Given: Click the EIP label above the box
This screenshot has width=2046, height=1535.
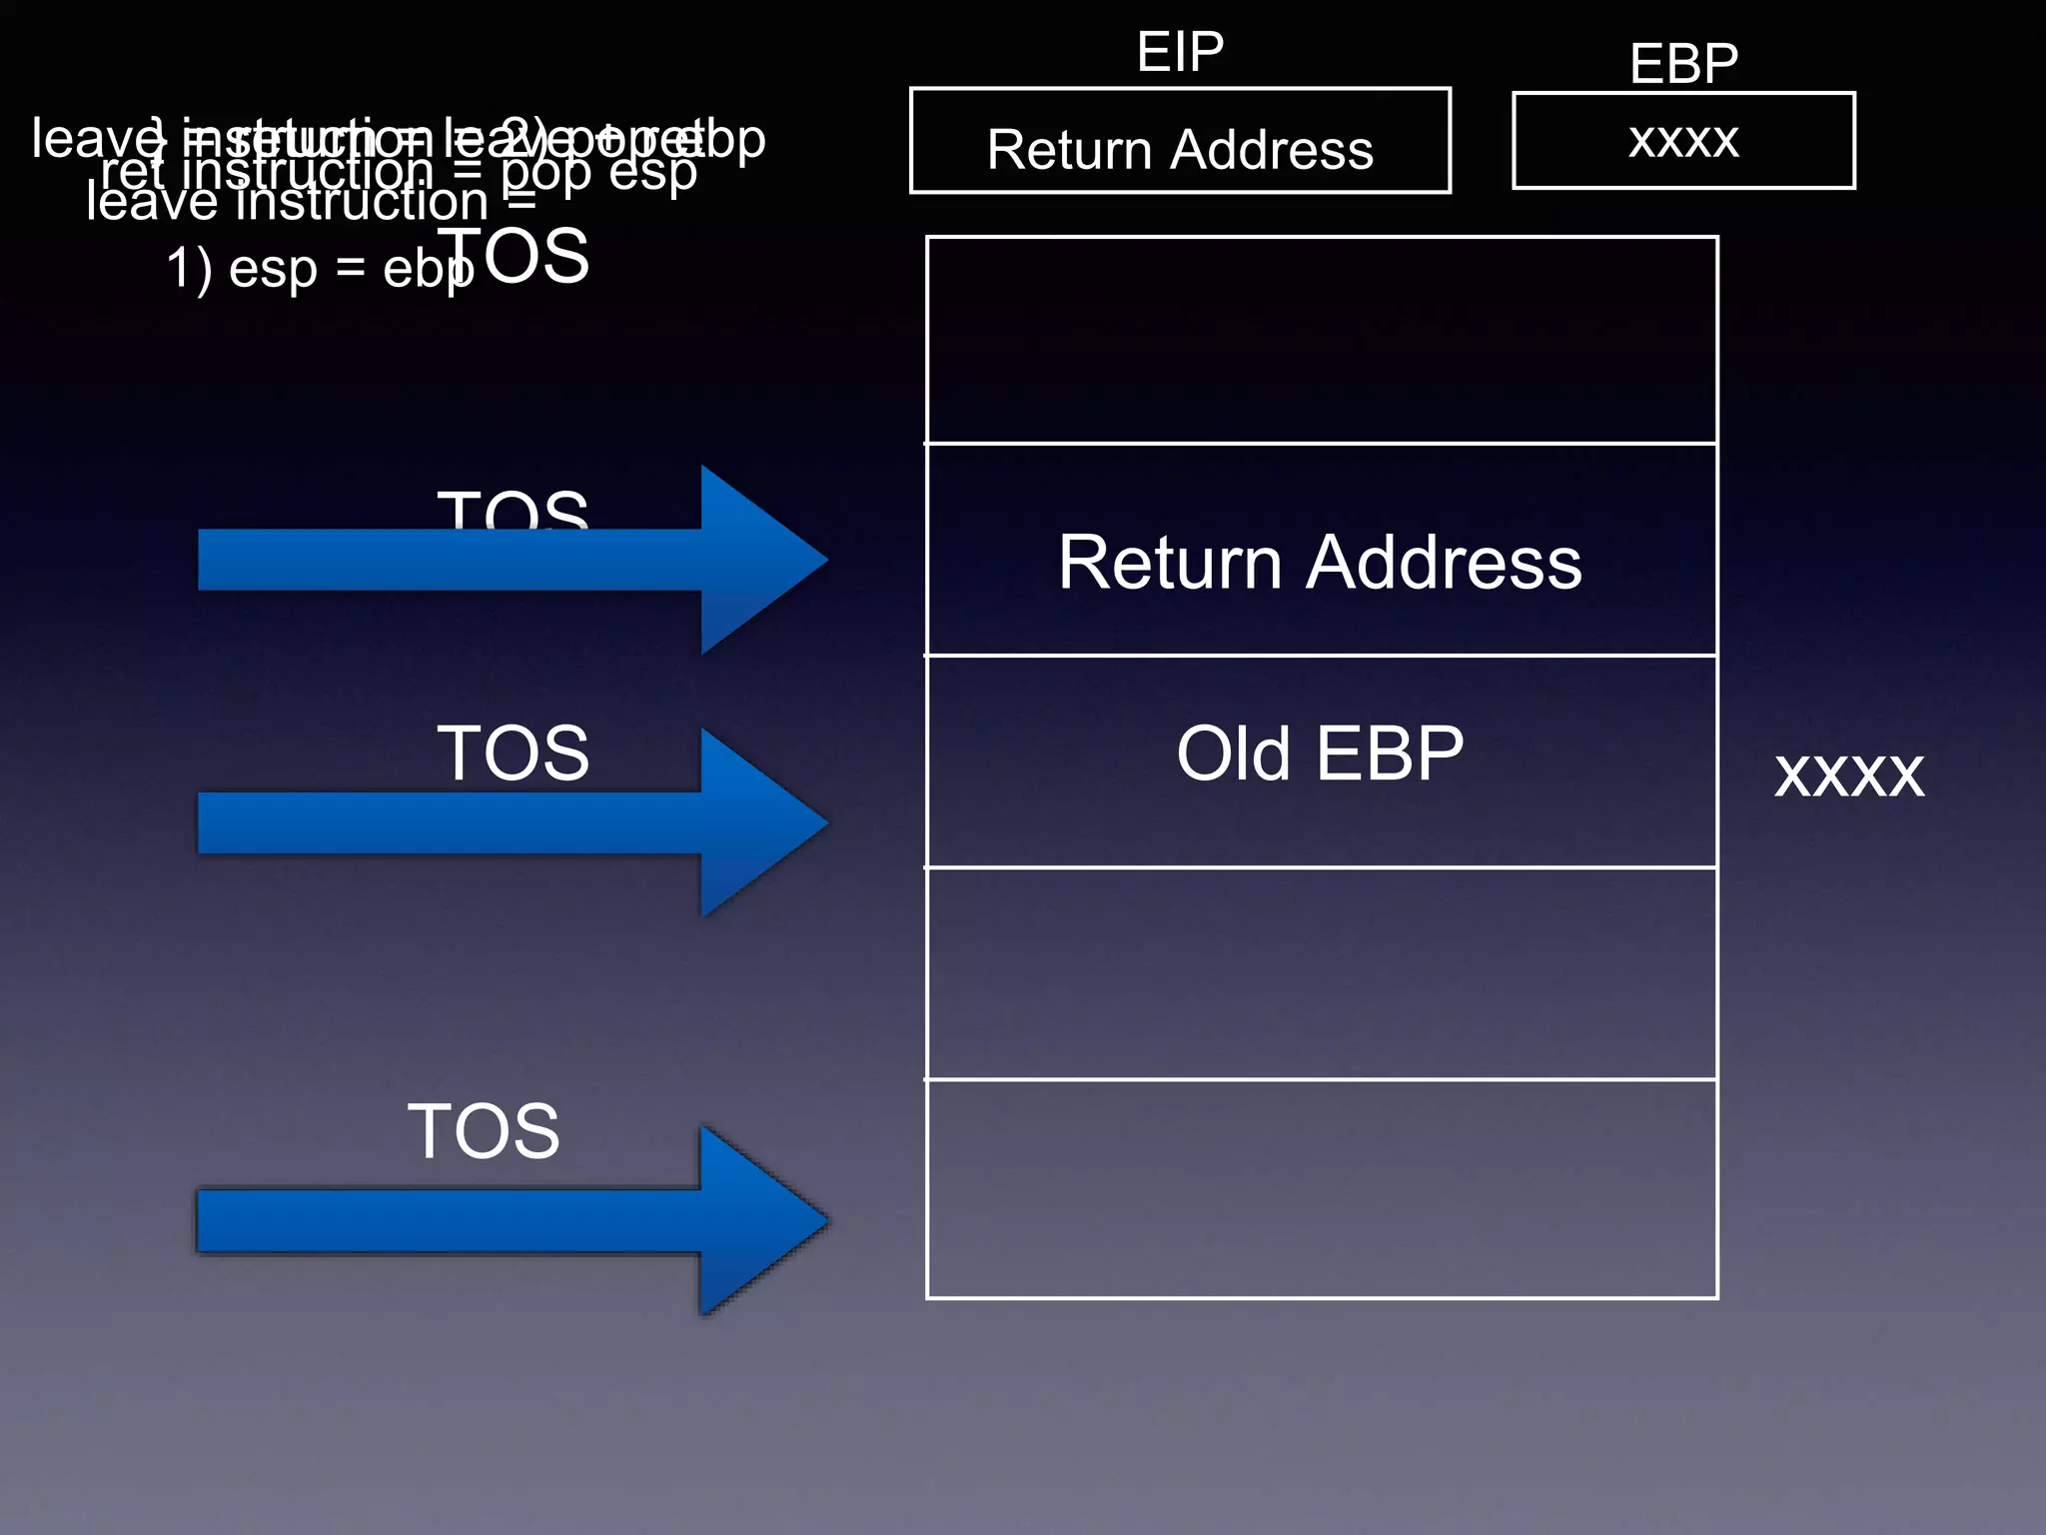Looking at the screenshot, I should pos(1180,52).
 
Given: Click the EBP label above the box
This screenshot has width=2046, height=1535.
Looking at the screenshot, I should pos(1683,64).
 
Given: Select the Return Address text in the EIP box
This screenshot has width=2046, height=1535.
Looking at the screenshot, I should pos(1180,150).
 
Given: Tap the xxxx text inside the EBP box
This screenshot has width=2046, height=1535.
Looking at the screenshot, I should pos(1683,139).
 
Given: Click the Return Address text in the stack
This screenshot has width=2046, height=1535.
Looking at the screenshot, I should pos(1320,562).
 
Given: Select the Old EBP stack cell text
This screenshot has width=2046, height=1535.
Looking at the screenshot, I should pos(1320,754).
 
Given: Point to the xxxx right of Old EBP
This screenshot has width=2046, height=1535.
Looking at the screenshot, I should pos(1848,774).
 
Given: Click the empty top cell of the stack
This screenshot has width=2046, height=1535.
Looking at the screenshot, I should pos(1321,340).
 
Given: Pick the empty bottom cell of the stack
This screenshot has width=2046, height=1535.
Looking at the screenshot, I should pos(1321,1189).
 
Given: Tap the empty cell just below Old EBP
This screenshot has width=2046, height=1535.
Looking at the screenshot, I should pos(1321,973).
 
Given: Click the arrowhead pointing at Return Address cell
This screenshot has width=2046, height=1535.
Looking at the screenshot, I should pos(763,560).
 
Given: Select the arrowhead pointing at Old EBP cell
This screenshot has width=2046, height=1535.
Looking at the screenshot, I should pos(763,822).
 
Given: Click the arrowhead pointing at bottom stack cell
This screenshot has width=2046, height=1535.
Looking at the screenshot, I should pos(763,1220).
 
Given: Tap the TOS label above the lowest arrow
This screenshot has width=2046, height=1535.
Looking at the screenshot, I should pos(484,1131).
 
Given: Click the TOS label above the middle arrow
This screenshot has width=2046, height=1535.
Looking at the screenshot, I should pos(512,753).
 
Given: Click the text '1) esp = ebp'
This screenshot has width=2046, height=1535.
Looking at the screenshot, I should pos(318,270).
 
